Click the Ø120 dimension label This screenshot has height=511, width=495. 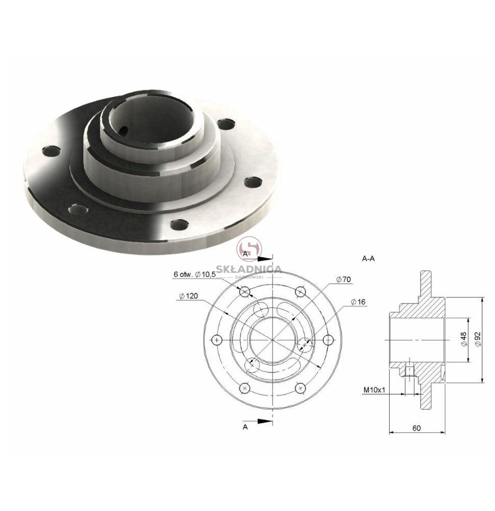tap(189, 296)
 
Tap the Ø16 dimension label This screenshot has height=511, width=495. tap(358, 302)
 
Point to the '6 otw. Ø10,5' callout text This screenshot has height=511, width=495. tap(195, 274)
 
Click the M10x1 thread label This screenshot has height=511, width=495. tap(374, 389)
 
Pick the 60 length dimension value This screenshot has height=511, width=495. tap(416, 428)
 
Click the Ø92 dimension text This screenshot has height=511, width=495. tap(478, 340)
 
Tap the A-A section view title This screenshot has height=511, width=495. tap(368, 259)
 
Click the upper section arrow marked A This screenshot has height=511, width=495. tap(265, 259)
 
